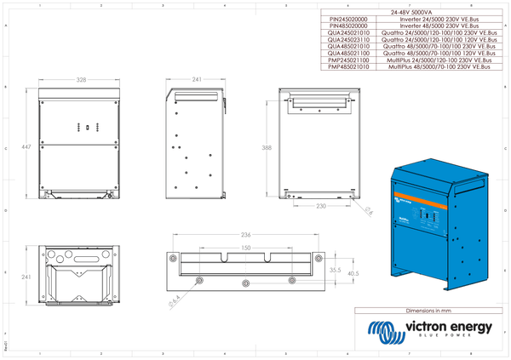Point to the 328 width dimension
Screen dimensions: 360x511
pyautogui.click(x=81, y=79)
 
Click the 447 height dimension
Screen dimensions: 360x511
pyautogui.click(x=26, y=147)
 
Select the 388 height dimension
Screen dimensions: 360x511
pyautogui.click(x=267, y=147)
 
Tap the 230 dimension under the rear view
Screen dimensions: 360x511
pyautogui.click(x=321, y=206)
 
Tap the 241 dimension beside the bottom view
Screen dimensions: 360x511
pyautogui.click(x=26, y=277)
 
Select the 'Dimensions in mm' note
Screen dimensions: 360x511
pyautogui.click(x=426, y=312)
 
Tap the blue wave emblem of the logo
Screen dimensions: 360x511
pyautogui.click(x=382, y=329)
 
